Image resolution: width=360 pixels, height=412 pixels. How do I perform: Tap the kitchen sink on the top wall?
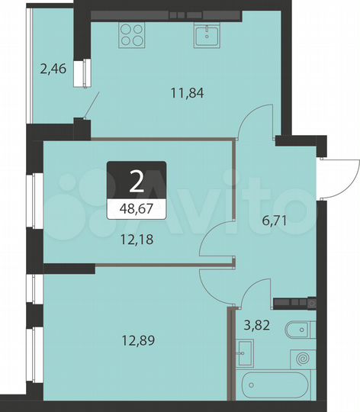pyautogui.click(x=207, y=34)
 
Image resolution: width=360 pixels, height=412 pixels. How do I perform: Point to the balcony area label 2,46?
pyautogui.click(x=52, y=70)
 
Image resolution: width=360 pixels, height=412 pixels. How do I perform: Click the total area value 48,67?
pyautogui.click(x=136, y=208)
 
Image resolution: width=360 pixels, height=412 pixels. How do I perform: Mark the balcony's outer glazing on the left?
pyautogui.click(x=29, y=69)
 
